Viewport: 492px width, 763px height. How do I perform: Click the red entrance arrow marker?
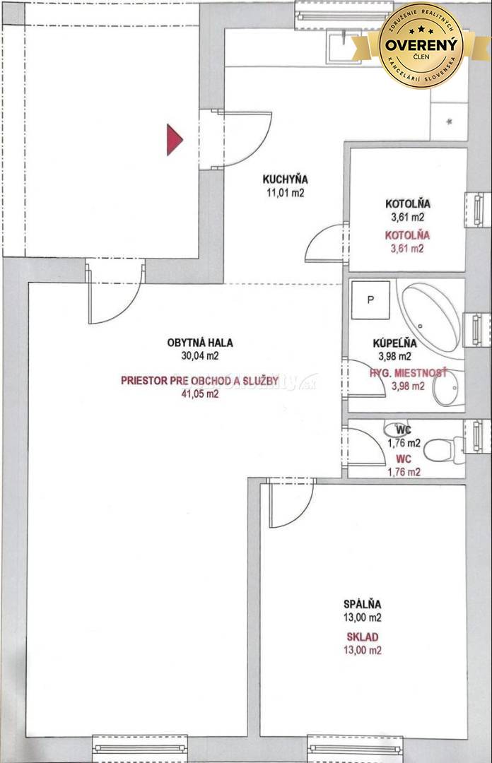[174, 139]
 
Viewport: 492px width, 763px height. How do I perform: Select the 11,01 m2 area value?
[285, 193]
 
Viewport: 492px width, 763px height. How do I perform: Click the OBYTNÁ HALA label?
[200, 343]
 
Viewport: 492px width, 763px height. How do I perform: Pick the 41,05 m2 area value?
[200, 395]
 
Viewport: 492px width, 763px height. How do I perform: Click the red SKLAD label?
[362, 637]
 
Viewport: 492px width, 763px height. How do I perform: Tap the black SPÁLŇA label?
[362, 604]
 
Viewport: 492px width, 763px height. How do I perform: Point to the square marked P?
[370, 298]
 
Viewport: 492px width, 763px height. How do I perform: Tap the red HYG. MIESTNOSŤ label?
[408, 372]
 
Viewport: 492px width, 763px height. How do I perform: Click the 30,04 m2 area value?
[200, 356]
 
